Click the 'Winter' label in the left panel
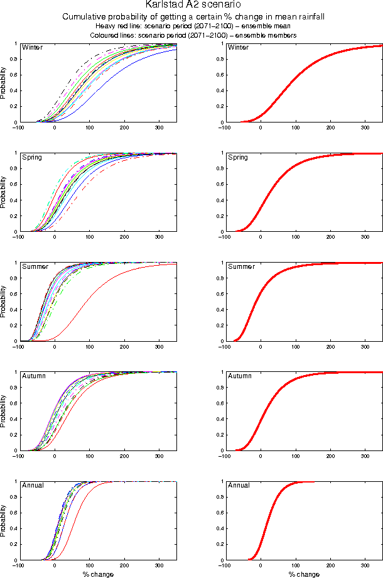(31, 48)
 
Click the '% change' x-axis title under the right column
(304, 574)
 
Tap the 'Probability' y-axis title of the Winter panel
(4, 83)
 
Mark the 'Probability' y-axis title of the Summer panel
(4, 302)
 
